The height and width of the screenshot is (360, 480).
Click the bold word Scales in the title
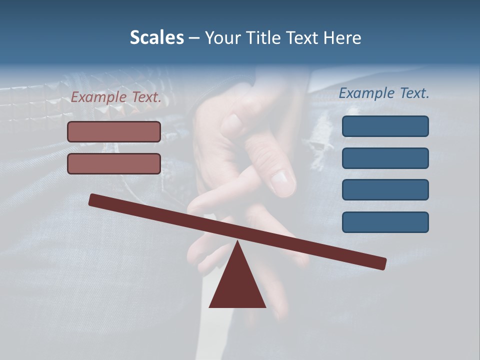pos(156,37)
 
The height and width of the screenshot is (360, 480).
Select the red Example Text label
pos(116,97)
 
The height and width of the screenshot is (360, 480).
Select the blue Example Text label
pos(384,93)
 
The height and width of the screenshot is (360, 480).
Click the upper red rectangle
pos(114,131)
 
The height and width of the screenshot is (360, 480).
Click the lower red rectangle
pos(114,163)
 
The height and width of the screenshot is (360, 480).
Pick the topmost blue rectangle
pos(385,126)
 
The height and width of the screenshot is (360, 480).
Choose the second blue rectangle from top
pos(385,158)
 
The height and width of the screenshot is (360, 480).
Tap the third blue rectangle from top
pos(385,189)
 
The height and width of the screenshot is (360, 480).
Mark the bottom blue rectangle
pos(385,222)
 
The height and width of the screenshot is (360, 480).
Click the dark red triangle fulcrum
pos(237,285)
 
